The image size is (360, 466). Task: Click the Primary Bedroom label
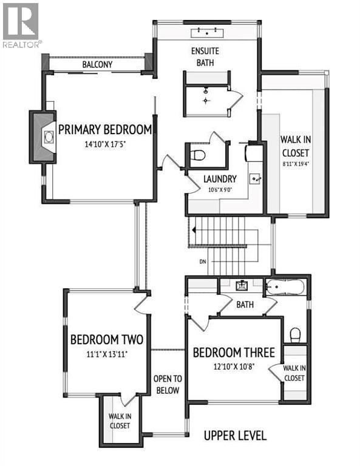(x=104, y=129)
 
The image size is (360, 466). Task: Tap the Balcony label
(x=97, y=64)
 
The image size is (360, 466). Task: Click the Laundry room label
(x=220, y=179)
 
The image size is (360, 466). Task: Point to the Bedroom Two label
(x=107, y=339)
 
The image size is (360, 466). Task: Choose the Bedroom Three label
(x=234, y=352)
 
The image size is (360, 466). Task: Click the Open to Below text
(x=167, y=384)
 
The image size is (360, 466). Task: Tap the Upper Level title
(x=235, y=436)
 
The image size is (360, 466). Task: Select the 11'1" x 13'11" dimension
(x=107, y=353)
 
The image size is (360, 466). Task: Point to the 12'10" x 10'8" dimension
(x=234, y=366)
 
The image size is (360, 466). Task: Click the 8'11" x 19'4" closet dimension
(x=295, y=163)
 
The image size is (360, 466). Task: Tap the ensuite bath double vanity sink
(x=208, y=32)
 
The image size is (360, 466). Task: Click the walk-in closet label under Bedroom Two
(x=120, y=420)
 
